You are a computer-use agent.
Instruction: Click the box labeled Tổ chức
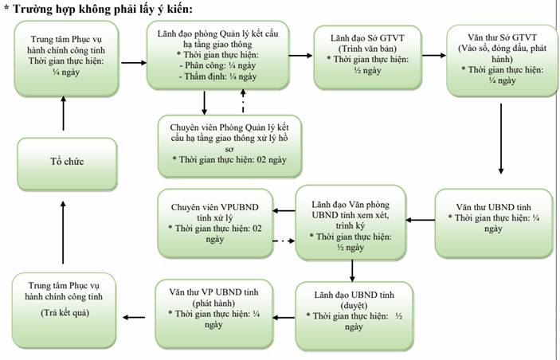[67, 164]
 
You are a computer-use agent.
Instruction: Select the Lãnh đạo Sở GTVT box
[367, 57]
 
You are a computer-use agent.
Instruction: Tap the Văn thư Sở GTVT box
[502, 61]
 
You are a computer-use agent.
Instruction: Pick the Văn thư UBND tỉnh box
[494, 223]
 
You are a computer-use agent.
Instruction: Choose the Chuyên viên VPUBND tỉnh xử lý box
[215, 223]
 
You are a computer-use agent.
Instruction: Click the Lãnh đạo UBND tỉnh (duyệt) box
[354, 315]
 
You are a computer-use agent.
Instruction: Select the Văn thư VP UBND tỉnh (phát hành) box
[214, 314]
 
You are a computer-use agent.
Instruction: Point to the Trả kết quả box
[65, 310]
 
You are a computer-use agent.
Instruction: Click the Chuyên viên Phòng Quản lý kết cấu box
[229, 146]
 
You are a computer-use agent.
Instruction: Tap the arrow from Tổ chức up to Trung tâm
[64, 114]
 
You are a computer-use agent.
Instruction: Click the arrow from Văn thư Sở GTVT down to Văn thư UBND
[501, 139]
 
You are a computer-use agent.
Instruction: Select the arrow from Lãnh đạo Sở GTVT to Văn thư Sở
[434, 56]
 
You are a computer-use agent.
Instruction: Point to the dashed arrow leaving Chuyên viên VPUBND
[284, 241]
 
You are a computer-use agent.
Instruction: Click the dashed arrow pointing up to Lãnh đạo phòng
[243, 101]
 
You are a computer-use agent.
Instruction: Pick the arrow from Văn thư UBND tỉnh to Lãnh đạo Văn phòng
[421, 220]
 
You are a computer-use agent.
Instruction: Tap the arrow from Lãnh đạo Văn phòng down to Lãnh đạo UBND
[352, 271]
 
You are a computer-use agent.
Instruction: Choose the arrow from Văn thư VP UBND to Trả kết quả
[134, 317]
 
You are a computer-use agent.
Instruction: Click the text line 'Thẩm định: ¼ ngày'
[217, 76]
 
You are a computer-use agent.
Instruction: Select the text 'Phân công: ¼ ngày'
[217, 65]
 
